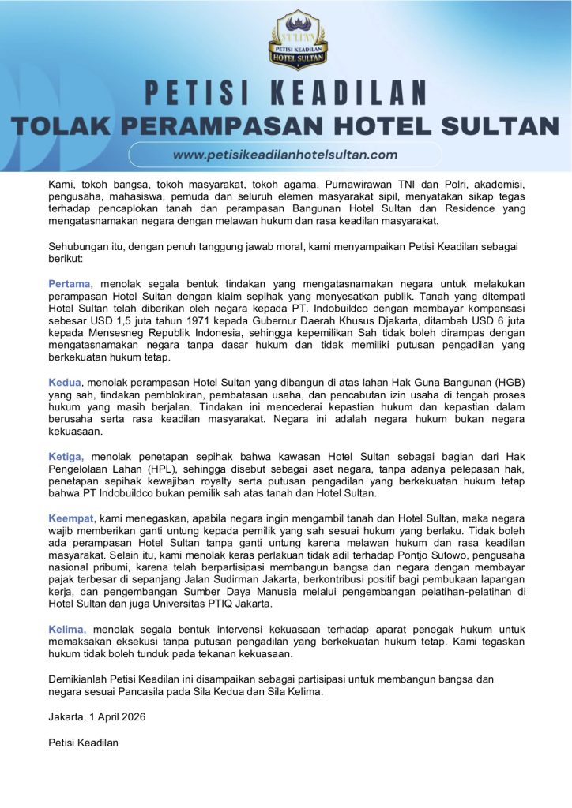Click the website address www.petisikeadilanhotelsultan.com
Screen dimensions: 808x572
[x=285, y=155]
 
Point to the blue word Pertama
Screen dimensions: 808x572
[x=70, y=283]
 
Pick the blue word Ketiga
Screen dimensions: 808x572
[x=66, y=457]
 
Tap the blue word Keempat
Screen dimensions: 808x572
[x=71, y=518]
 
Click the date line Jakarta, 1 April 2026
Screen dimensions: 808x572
[x=97, y=716]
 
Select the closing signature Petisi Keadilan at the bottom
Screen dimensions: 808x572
[x=84, y=742]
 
